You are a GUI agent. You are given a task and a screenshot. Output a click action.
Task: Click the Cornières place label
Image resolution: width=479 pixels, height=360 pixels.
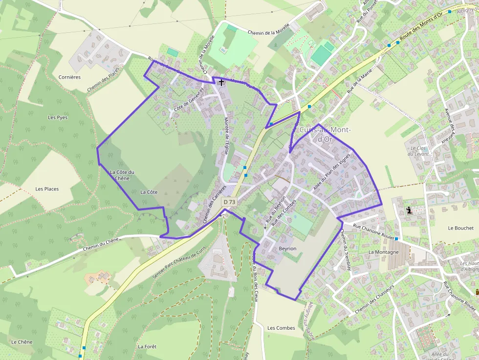pos(69,77)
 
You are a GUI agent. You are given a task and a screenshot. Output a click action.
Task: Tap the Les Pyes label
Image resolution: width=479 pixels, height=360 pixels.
pos(58,118)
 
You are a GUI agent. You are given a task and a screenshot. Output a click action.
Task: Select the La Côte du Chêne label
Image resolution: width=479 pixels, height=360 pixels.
pos(122,175)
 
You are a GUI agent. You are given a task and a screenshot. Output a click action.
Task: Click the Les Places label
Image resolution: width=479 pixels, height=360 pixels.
pos(47,189)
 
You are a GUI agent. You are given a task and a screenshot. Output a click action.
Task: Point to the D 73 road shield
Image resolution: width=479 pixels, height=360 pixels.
pos(229,202)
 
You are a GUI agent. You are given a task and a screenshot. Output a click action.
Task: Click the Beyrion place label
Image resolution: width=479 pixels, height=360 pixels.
pos(287,249)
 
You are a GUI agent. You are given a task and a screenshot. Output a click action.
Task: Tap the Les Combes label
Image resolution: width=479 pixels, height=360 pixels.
pos(281,328)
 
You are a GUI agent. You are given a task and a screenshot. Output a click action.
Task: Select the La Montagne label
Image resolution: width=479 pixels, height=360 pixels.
pos(384,252)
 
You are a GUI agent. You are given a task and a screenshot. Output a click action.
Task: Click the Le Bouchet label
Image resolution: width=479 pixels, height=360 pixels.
pos(460,228)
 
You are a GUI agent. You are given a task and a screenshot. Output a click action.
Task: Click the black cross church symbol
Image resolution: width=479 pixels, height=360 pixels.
pos(221,83)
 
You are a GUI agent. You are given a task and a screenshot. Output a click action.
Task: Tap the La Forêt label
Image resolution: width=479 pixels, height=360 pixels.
pos(147,346)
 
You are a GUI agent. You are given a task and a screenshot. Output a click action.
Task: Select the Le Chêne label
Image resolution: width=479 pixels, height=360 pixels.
pos(22,342)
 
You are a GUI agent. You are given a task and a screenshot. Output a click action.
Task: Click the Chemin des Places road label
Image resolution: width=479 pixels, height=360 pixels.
pos(103,80)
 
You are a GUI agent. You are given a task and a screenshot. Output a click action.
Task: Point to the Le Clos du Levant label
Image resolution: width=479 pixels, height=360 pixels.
pos(419,151)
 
